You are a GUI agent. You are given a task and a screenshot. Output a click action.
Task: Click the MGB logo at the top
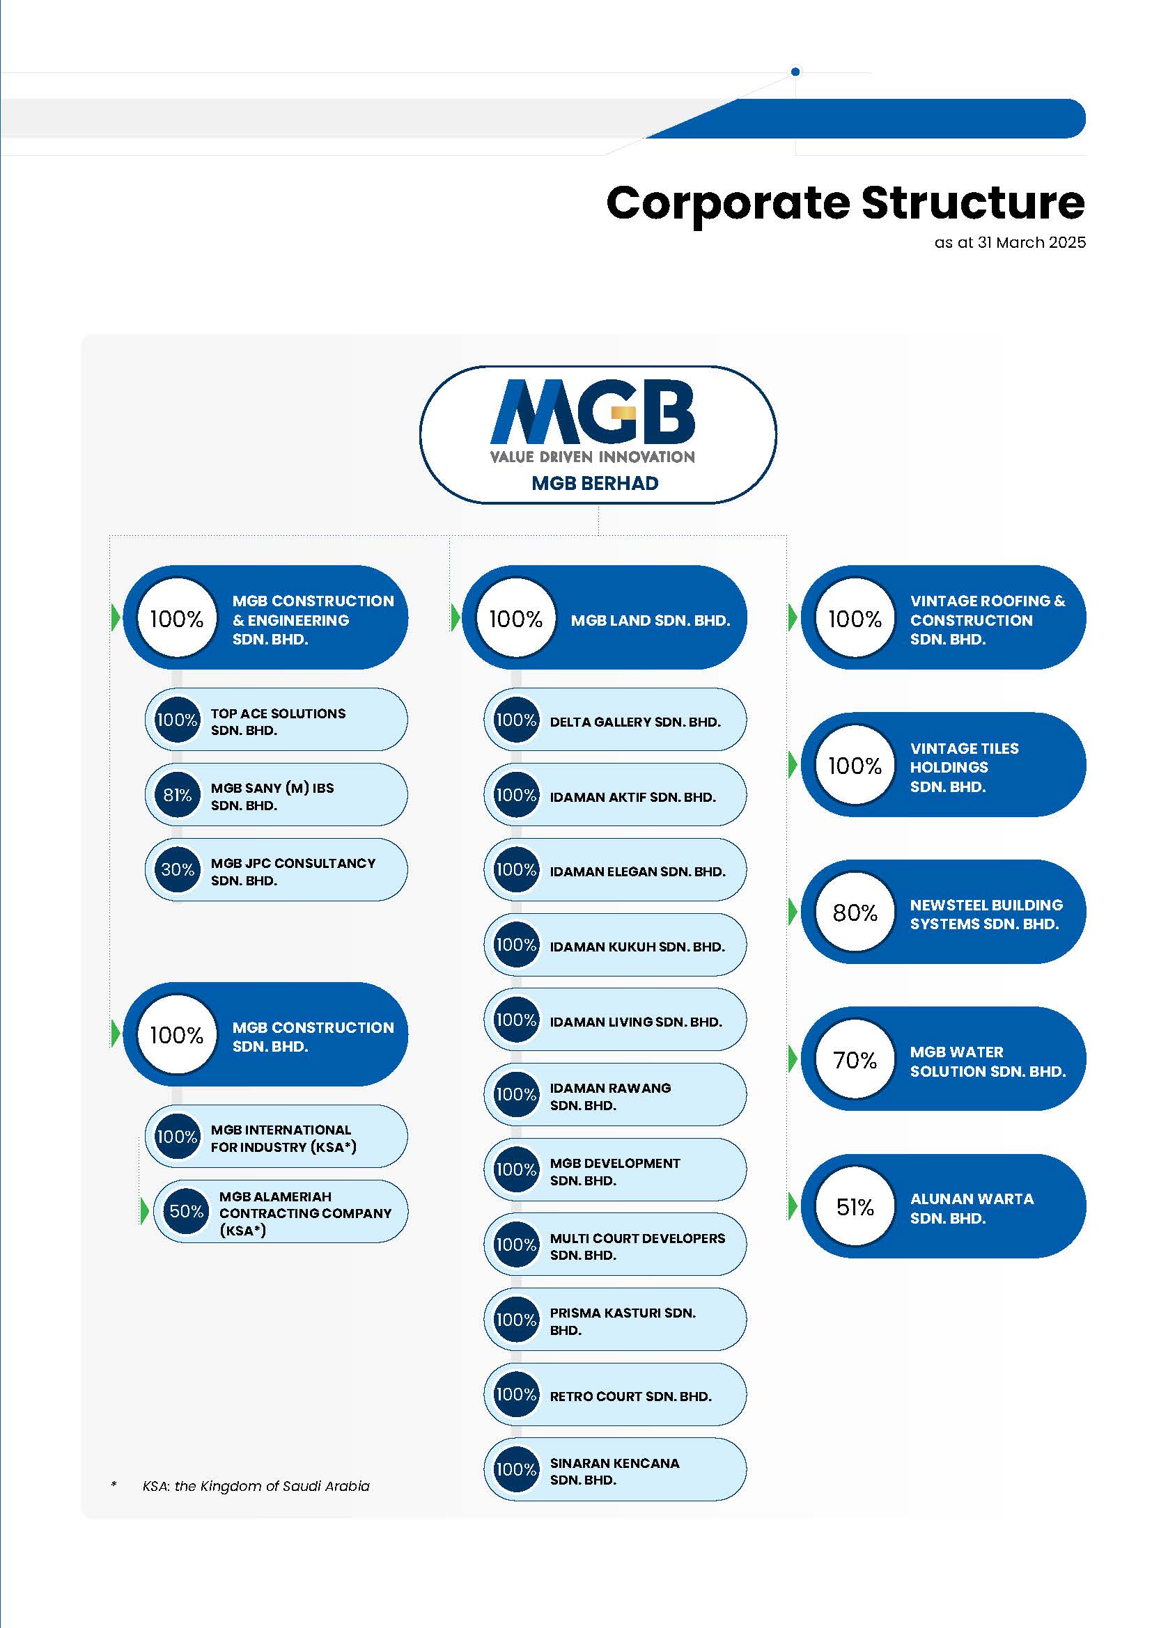[592, 420]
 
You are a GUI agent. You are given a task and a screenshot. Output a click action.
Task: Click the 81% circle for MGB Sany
[178, 795]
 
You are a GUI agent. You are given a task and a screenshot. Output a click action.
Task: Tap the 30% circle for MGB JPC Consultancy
[178, 870]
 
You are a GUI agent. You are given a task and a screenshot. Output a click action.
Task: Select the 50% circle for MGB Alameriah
[186, 1211]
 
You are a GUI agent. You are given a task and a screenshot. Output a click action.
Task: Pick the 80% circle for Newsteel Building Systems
[855, 912]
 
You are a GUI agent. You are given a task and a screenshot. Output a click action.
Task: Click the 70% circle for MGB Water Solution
[855, 1059]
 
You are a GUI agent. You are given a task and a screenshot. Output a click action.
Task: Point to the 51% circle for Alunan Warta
[855, 1207]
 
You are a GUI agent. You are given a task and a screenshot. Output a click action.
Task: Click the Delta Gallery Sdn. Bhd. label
[635, 722]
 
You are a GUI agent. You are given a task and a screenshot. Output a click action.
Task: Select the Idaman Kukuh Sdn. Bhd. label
[637, 947]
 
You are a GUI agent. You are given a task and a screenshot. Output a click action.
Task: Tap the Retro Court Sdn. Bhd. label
[630, 1396]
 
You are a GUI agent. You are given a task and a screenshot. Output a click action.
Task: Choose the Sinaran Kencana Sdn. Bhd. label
[614, 1471]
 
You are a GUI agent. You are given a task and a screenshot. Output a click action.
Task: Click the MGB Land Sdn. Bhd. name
[651, 620]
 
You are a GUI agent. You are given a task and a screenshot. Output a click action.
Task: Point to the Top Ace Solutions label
[278, 722]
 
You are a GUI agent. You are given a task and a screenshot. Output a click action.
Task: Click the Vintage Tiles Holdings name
[964, 767]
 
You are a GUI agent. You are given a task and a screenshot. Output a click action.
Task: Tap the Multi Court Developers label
[637, 1247]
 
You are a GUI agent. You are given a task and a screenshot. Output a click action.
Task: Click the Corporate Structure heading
[846, 203]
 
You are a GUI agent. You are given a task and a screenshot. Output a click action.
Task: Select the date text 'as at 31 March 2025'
[1010, 242]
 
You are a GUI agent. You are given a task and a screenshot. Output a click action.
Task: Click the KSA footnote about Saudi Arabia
[256, 1485]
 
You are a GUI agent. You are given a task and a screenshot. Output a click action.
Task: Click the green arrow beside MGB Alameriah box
[145, 1211]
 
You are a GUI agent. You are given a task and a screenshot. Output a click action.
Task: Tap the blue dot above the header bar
[795, 72]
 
